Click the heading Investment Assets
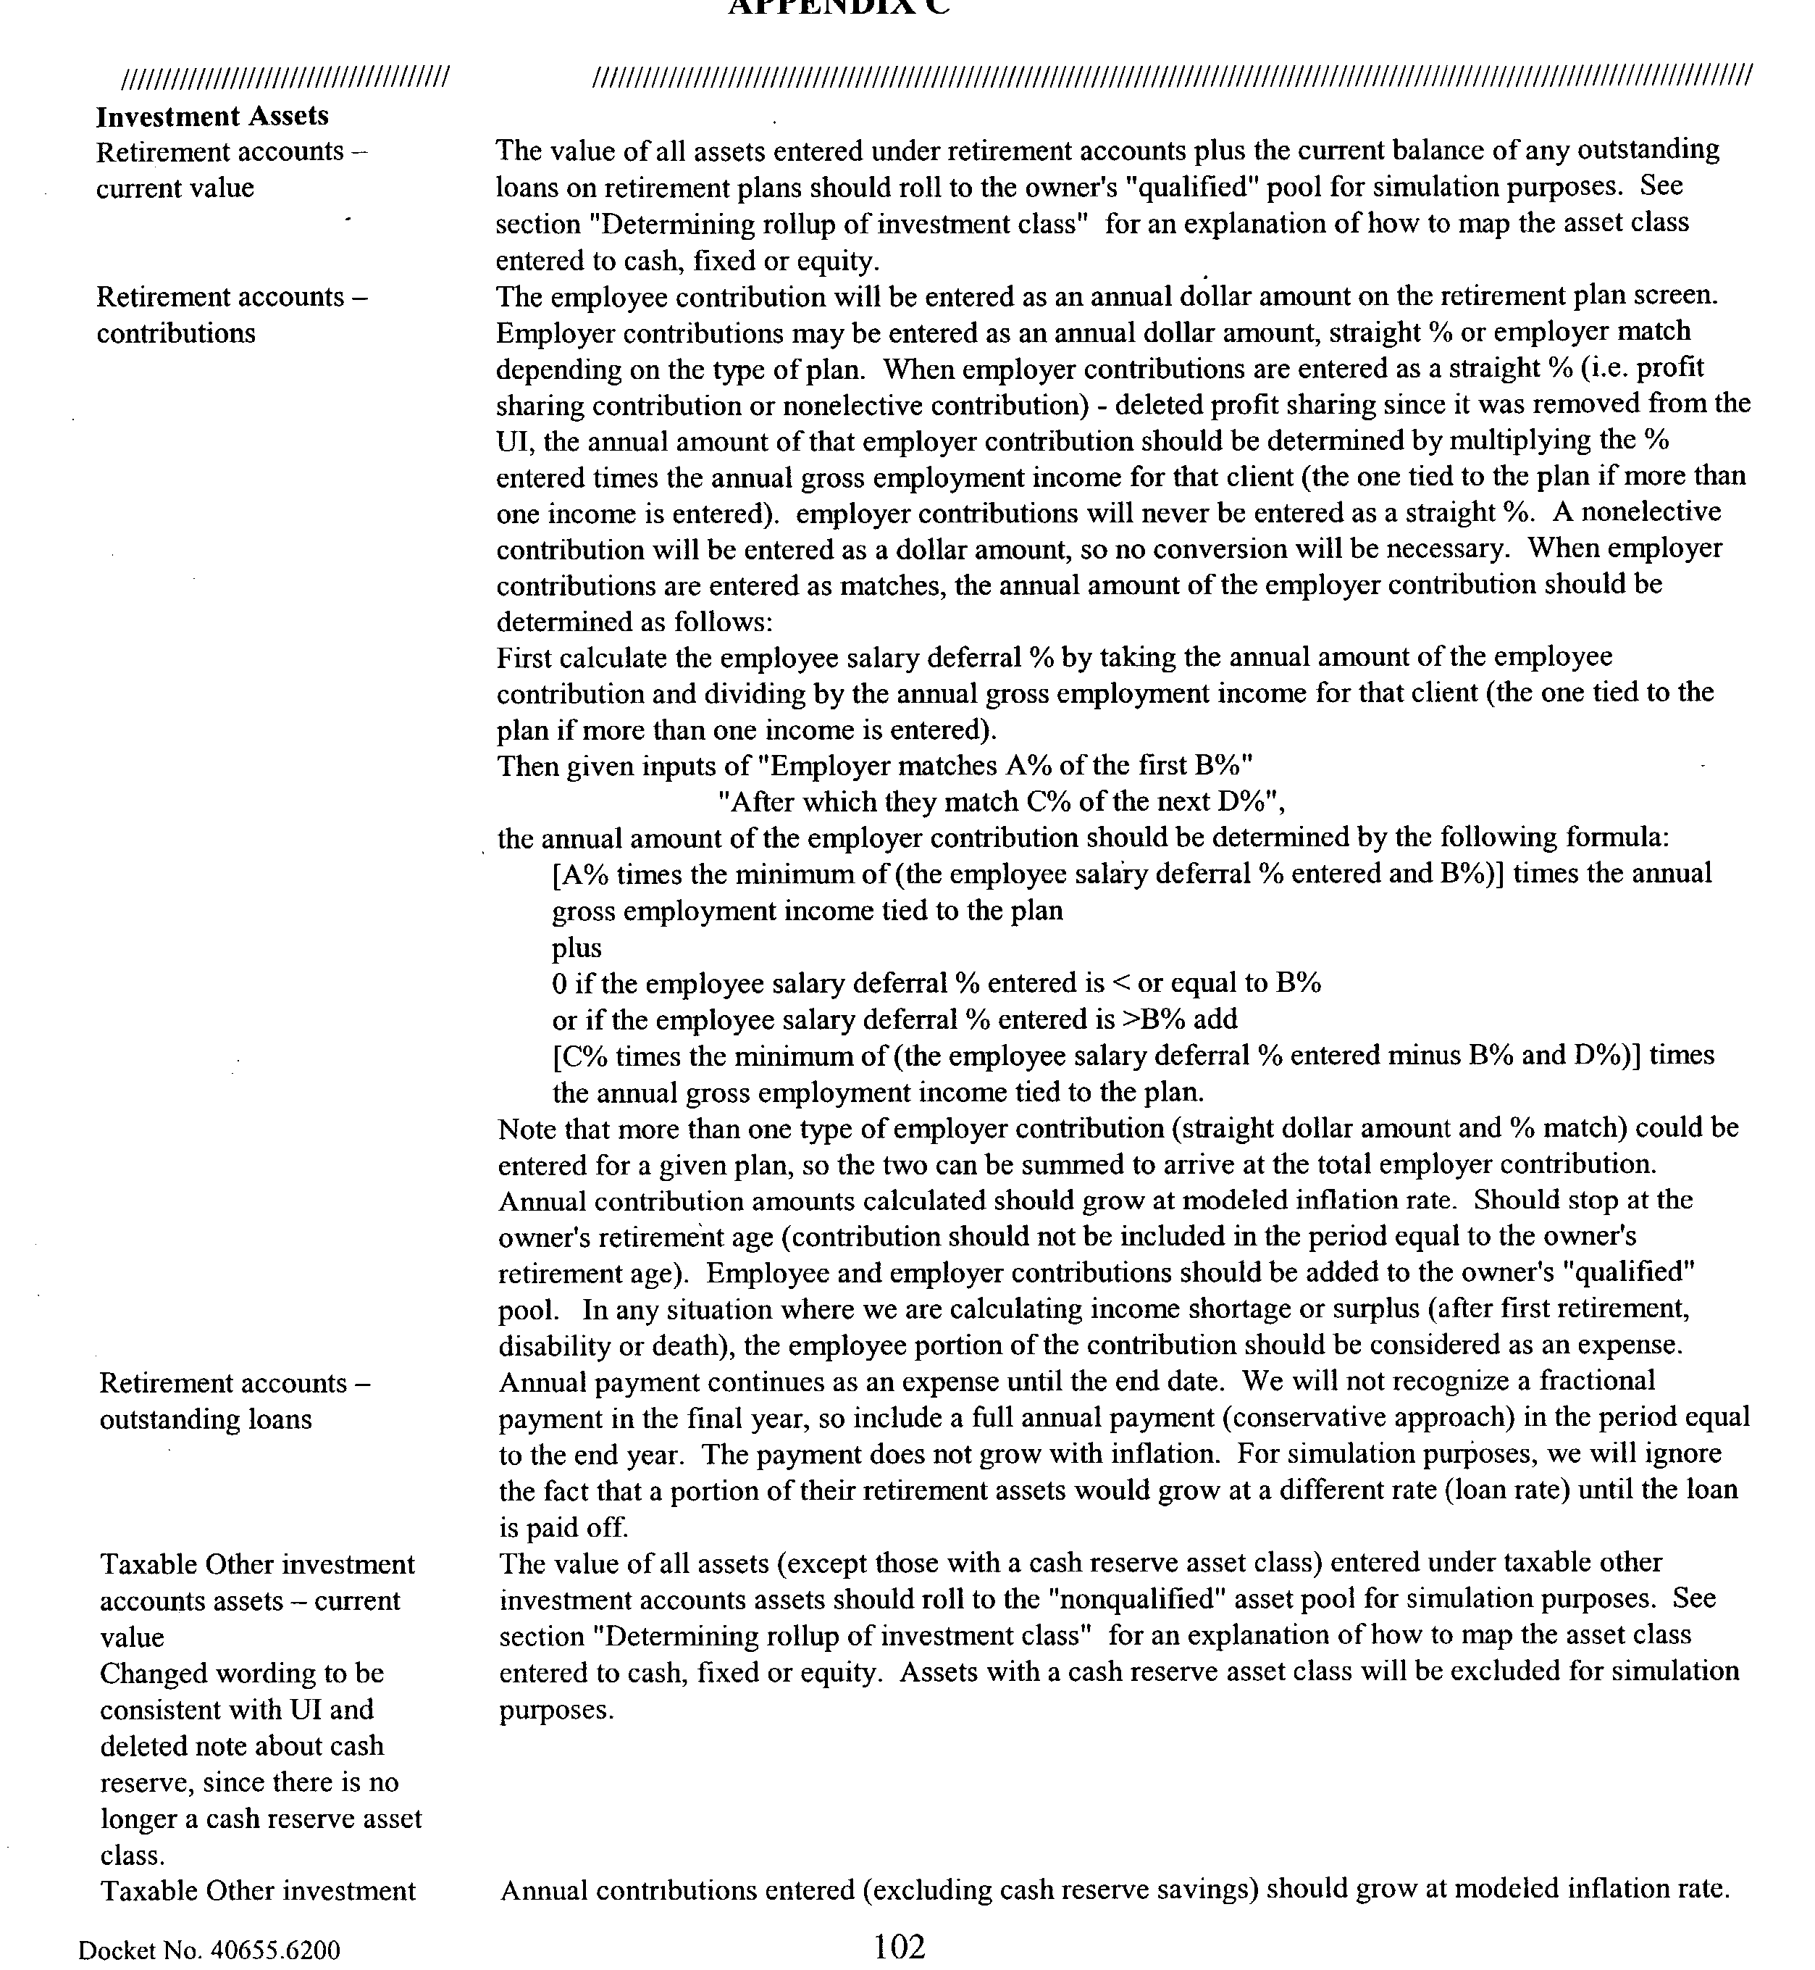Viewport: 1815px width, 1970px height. (212, 116)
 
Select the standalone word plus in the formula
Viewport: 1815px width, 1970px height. (577, 948)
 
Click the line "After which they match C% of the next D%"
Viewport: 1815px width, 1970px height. (1001, 803)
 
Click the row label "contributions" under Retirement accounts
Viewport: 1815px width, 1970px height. (176, 334)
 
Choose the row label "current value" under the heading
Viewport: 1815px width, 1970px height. (175, 188)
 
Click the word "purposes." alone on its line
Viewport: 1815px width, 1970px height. (557, 1711)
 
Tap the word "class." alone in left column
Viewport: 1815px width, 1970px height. (132, 1856)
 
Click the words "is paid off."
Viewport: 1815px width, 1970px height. (563, 1528)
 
